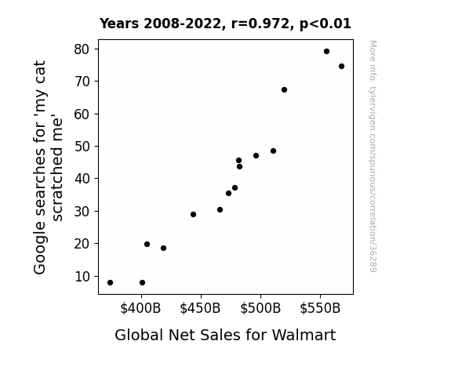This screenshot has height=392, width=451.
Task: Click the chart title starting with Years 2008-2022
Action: click(x=225, y=24)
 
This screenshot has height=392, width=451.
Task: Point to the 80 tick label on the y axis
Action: click(x=82, y=49)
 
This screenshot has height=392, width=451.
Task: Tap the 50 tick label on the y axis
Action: click(x=82, y=147)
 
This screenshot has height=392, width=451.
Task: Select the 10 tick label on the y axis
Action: click(x=82, y=277)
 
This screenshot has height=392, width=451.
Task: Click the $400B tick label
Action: click(x=140, y=308)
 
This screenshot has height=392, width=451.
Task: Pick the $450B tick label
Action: click(x=200, y=308)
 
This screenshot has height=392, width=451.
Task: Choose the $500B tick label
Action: click(x=260, y=308)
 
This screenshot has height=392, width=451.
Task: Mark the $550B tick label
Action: click(x=320, y=308)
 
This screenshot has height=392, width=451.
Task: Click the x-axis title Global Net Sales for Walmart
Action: click(x=225, y=335)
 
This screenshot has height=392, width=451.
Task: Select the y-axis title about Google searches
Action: click(x=48, y=167)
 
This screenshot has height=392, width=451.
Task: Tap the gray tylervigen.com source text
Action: click(x=373, y=156)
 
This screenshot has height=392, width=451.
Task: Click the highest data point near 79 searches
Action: click(x=326, y=52)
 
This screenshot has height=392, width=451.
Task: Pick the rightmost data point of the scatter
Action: click(x=341, y=67)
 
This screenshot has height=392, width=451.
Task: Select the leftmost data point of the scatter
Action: click(x=110, y=283)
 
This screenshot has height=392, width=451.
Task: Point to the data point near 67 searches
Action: click(x=284, y=90)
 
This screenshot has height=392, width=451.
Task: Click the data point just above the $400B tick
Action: click(x=142, y=283)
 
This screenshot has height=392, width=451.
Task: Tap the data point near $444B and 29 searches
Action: click(x=193, y=215)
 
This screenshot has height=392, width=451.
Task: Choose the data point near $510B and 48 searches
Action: click(x=273, y=151)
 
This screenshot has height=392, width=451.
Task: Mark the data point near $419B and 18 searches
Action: click(x=163, y=249)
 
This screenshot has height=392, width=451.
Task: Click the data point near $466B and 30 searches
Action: click(x=220, y=210)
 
